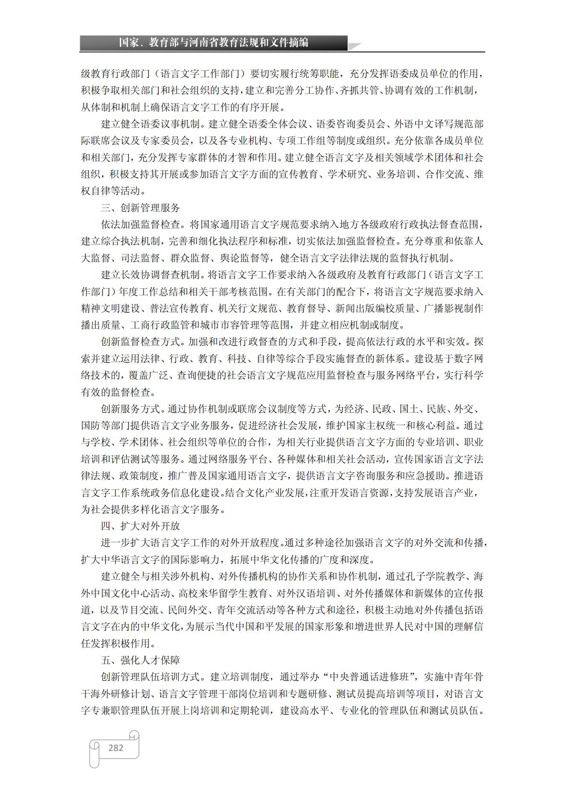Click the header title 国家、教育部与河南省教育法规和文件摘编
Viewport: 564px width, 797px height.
[214, 43]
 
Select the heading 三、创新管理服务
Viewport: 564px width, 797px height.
[140, 208]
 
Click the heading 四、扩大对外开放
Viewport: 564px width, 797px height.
[140, 526]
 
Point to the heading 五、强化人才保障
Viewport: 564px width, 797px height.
[140, 660]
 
